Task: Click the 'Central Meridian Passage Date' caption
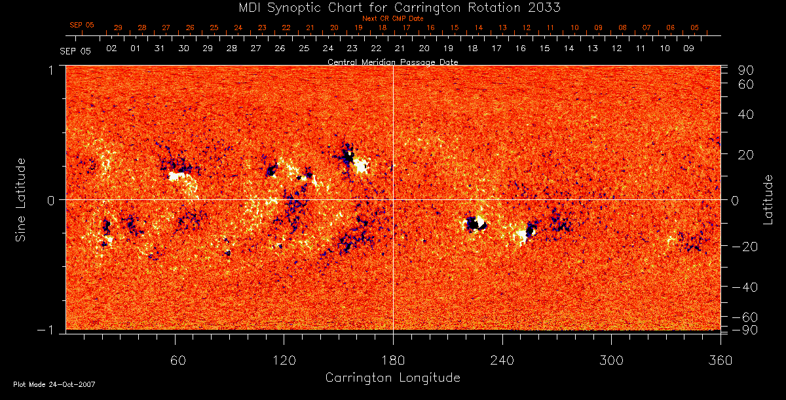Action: click(x=392, y=62)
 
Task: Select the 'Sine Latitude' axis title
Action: click(x=22, y=199)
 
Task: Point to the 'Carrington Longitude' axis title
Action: click(x=392, y=378)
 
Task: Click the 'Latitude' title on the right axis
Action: click(x=768, y=199)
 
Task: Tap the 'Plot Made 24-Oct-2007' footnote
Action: click(x=54, y=384)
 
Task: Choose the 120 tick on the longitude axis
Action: click(x=284, y=361)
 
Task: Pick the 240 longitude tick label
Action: click(x=502, y=361)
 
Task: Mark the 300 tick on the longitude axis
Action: click(x=611, y=361)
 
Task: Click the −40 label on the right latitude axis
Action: click(x=744, y=287)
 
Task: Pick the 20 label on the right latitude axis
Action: click(x=747, y=155)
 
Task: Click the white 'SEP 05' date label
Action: click(x=75, y=50)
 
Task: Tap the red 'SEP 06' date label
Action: click(x=82, y=25)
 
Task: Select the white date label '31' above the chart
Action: click(x=159, y=49)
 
